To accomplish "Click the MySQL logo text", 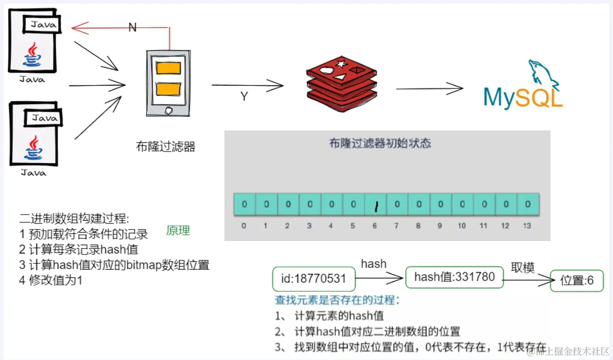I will pos(523,97).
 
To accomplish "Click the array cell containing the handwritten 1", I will pos(375,205).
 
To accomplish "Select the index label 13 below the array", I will pos(527,226).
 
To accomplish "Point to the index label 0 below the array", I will pos(244,226).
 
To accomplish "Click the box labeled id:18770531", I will pos(314,279).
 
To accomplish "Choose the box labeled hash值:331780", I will pos(454,277).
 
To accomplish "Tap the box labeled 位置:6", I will pos(577,281).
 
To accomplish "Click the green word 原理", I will pos(178,231).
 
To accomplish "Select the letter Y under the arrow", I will pos(244,97).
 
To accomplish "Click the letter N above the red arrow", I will pos(132,28).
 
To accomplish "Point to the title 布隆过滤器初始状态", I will pos(380,143).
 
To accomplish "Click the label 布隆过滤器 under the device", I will pos(165,146).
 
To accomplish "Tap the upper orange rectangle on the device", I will pos(168,68).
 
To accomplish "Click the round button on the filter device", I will pos(168,110).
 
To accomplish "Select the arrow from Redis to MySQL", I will pos(429,89).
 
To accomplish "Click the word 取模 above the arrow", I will pos(522,268).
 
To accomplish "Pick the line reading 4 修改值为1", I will pos(51,281).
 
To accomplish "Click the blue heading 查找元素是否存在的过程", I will pos(338,300).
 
